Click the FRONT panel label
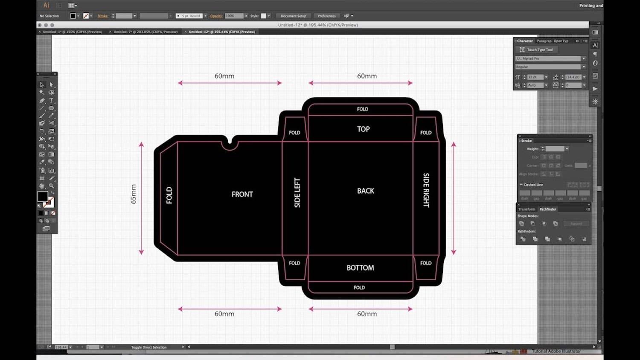coord(242,194)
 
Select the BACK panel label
coord(365,191)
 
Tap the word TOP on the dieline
coord(363,129)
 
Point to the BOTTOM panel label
coord(360,267)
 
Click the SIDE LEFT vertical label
coord(297,193)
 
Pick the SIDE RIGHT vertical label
coord(426,190)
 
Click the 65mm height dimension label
coord(134,194)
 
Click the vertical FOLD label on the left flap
coord(169,195)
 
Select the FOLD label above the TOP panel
coord(362,109)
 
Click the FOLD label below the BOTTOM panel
coord(359,287)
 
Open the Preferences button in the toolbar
coord(326,16)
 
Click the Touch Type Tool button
coord(536,49)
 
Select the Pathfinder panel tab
coord(547,209)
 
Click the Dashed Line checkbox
coord(521,185)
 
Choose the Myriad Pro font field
coord(550,58)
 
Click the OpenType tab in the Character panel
coord(561,41)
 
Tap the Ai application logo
coord(46,5)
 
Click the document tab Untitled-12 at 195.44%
coord(221,32)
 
